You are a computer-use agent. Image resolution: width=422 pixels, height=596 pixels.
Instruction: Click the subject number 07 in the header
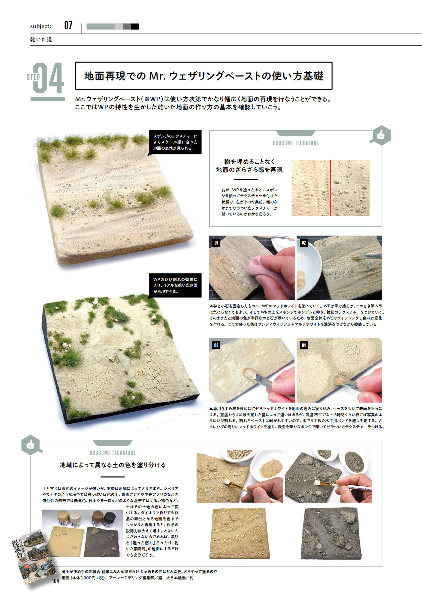[x=68, y=25]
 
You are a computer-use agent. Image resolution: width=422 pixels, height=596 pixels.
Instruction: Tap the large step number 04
[x=48, y=78]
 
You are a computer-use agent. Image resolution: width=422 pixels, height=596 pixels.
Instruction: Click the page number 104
[x=55, y=581]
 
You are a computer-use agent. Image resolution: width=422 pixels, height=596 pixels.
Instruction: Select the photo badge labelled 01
[x=216, y=243]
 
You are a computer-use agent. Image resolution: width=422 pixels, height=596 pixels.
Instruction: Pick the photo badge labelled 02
[x=304, y=243]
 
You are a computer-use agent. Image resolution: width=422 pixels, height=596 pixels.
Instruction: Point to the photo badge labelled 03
[x=216, y=345]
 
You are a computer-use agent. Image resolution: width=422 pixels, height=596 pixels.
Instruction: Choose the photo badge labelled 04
[x=304, y=345]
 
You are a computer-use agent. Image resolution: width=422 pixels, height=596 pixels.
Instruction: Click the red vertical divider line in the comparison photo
[x=331, y=188]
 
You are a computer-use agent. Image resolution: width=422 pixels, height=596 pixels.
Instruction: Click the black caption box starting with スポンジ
[x=175, y=142]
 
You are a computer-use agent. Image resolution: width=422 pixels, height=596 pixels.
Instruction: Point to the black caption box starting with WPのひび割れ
[x=175, y=285]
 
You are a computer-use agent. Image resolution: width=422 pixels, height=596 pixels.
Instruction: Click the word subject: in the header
[x=41, y=26]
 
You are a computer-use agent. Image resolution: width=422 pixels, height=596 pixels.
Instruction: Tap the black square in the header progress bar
[x=135, y=26]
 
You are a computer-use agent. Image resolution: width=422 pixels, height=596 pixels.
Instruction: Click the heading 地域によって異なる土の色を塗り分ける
[x=113, y=465]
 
